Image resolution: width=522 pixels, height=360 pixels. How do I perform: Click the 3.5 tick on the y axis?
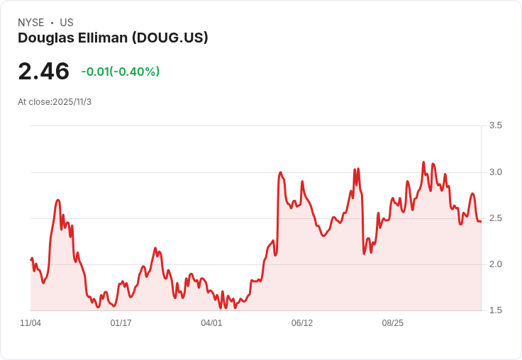tap(495, 125)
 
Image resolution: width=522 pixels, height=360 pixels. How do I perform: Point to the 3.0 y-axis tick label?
tap(495, 172)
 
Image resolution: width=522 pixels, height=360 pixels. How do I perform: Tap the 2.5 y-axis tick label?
tap(495, 218)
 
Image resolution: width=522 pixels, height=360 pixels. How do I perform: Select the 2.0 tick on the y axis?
tap(495, 264)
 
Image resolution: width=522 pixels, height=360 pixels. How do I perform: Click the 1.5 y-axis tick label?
tap(495, 310)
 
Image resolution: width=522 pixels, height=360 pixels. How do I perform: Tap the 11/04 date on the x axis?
tap(30, 323)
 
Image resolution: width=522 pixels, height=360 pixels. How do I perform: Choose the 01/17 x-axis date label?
tap(121, 323)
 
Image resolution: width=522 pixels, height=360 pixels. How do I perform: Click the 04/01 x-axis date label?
tap(211, 323)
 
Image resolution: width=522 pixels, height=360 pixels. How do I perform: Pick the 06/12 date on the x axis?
tap(302, 323)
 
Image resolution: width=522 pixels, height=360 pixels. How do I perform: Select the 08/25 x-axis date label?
tap(392, 323)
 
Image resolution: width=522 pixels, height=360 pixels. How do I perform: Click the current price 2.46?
tap(43, 72)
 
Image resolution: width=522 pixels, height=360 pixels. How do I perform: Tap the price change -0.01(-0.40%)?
tap(120, 72)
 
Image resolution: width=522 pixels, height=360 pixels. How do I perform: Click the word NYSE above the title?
tap(31, 23)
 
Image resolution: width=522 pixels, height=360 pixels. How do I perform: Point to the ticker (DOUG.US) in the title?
tap(170, 38)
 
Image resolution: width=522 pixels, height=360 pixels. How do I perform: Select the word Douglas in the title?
tap(46, 38)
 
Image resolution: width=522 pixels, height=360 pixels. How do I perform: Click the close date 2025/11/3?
tap(72, 102)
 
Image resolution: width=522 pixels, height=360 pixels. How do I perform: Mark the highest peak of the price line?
tap(423, 162)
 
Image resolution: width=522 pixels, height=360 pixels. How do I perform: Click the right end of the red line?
tap(481, 222)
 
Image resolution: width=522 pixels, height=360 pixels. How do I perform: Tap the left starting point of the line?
tap(31, 260)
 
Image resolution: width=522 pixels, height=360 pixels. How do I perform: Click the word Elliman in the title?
tap(103, 38)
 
